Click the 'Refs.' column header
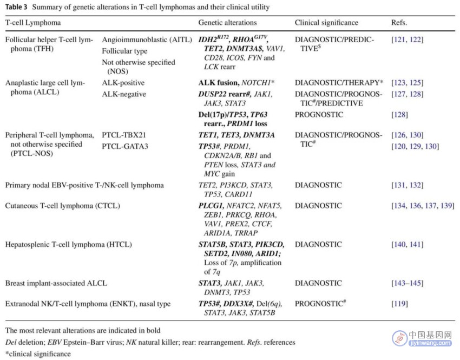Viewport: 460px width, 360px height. (x=399, y=23)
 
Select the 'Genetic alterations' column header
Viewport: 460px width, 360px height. (x=227, y=23)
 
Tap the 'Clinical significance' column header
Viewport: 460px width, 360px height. (x=326, y=23)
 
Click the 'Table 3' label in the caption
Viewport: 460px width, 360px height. (x=16, y=7)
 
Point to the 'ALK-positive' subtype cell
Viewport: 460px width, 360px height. (x=123, y=83)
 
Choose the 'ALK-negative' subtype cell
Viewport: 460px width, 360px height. (x=124, y=94)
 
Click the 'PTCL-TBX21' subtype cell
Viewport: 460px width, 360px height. (x=124, y=135)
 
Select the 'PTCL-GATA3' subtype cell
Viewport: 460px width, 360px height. (x=125, y=146)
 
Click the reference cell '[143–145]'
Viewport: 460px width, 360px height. (x=408, y=283)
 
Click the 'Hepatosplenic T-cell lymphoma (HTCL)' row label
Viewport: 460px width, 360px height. (x=68, y=244)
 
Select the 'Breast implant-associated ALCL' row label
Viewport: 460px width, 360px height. (x=56, y=283)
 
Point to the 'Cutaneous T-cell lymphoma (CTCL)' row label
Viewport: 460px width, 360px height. (x=62, y=206)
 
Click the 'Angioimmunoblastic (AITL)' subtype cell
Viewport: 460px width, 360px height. (x=147, y=40)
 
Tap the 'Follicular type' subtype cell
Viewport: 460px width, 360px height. (x=124, y=51)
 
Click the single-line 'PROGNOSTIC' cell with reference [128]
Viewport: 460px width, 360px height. (x=319, y=114)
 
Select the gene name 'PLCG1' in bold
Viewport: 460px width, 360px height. (x=211, y=206)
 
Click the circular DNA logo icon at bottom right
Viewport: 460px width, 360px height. (x=399, y=338)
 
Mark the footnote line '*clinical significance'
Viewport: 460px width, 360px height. (x=38, y=354)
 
